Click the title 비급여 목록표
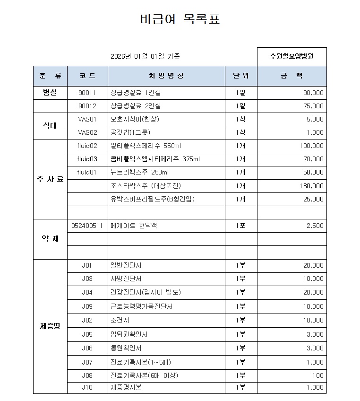(x=180, y=20)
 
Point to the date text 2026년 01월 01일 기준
(x=145, y=57)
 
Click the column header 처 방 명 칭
(x=166, y=76)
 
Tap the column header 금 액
(x=291, y=76)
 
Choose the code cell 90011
(x=87, y=93)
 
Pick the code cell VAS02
(x=87, y=132)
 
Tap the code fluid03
(x=87, y=159)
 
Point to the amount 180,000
(x=312, y=186)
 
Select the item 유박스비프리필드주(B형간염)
(x=152, y=199)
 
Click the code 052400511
(x=87, y=226)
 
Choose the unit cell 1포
(x=240, y=226)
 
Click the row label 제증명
(x=50, y=326)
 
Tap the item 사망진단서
(x=126, y=279)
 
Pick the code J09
(x=87, y=306)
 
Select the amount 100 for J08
(x=318, y=375)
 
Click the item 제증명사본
(x=126, y=387)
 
